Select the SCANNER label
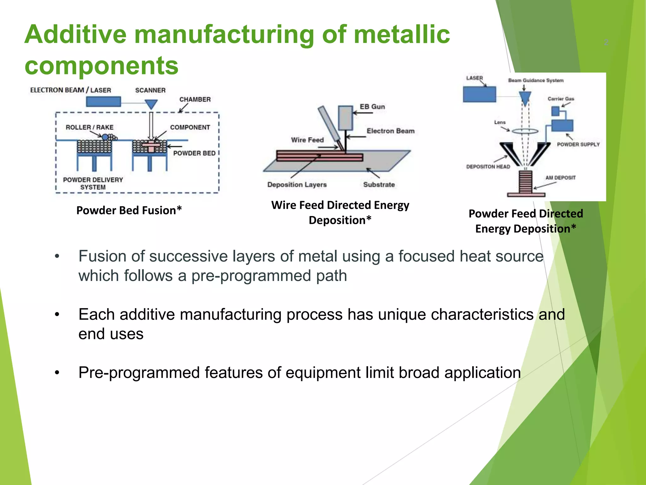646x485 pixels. (x=150, y=90)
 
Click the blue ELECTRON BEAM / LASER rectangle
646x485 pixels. (x=103, y=102)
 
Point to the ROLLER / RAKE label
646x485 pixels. (x=89, y=127)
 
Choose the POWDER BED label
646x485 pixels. (x=194, y=153)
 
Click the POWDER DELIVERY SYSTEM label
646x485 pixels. (x=93, y=183)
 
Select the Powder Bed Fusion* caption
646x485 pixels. (x=129, y=210)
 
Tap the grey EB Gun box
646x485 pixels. (x=345, y=118)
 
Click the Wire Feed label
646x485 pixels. (x=307, y=140)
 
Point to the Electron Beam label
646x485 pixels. (x=390, y=131)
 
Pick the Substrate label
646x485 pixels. (x=379, y=185)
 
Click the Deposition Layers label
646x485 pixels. (x=297, y=185)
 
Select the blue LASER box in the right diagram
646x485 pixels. (x=479, y=94)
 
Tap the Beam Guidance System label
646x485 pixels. (x=536, y=81)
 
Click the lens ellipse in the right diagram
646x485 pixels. (x=525, y=131)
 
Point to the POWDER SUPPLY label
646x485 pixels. (x=578, y=144)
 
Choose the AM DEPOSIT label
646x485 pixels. (x=560, y=178)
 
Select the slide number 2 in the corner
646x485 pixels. (x=606, y=42)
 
